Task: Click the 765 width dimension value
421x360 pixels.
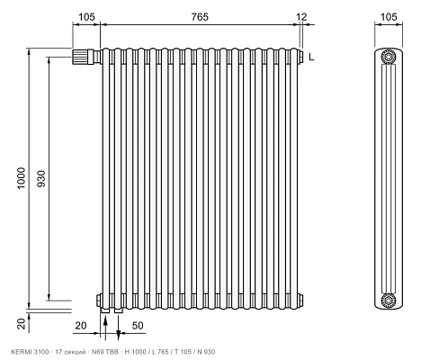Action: click(200, 17)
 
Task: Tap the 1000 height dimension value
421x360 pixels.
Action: click(22, 178)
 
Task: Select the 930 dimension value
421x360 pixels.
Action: click(41, 178)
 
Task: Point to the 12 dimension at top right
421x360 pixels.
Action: click(301, 17)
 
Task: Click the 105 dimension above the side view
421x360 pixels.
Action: click(389, 17)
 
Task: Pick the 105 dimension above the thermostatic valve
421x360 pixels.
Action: click(86, 17)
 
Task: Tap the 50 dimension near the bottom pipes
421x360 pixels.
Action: click(138, 326)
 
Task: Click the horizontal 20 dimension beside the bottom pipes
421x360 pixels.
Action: click(81, 326)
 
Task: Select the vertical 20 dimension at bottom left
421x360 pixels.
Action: click(22, 324)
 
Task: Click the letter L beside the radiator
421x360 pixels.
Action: click(311, 57)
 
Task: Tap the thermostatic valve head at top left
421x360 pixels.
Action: click(79, 57)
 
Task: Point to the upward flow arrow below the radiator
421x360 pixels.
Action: click(105, 328)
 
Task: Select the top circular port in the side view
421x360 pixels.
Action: click(389, 57)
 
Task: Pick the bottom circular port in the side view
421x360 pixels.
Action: click(389, 300)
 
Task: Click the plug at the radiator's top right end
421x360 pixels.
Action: click(300, 56)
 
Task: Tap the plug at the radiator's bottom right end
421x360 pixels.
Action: click(300, 300)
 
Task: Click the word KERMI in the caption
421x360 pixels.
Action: click(19, 352)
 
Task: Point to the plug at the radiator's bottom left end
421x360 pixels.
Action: click(98, 301)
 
